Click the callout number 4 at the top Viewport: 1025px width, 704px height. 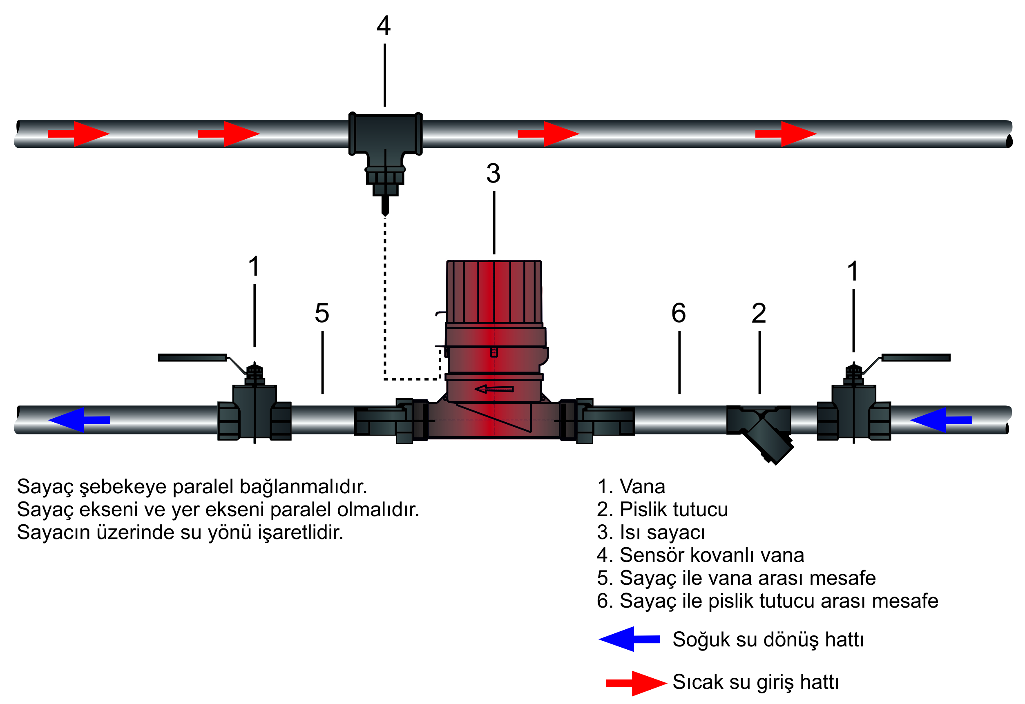pyautogui.click(x=384, y=26)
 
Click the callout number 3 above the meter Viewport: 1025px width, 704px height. pyautogui.click(x=494, y=174)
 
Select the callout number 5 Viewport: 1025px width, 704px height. pyautogui.click(x=322, y=313)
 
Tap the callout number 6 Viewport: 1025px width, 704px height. pyautogui.click(x=679, y=313)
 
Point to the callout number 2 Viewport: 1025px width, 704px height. pyautogui.click(x=759, y=313)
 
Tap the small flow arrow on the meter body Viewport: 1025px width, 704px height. pyautogui.click(x=494, y=389)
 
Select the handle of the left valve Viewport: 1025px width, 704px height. pyautogui.click(x=192, y=357)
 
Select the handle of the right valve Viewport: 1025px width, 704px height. pyautogui.click(x=916, y=357)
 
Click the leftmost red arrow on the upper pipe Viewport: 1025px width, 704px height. pyautogui.click(x=78, y=134)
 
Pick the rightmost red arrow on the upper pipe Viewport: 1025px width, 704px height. pyautogui.click(x=786, y=134)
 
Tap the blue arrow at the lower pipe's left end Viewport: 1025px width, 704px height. pyautogui.click(x=78, y=420)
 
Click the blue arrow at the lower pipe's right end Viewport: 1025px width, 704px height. pyautogui.click(x=941, y=420)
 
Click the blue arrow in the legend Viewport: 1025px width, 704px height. pyautogui.click(x=629, y=639)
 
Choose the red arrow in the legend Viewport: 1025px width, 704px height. pyautogui.click(x=636, y=683)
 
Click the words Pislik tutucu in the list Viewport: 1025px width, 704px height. pyautogui.click(x=673, y=510)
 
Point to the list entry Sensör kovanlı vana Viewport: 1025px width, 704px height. pyautogui.click(x=711, y=555)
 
